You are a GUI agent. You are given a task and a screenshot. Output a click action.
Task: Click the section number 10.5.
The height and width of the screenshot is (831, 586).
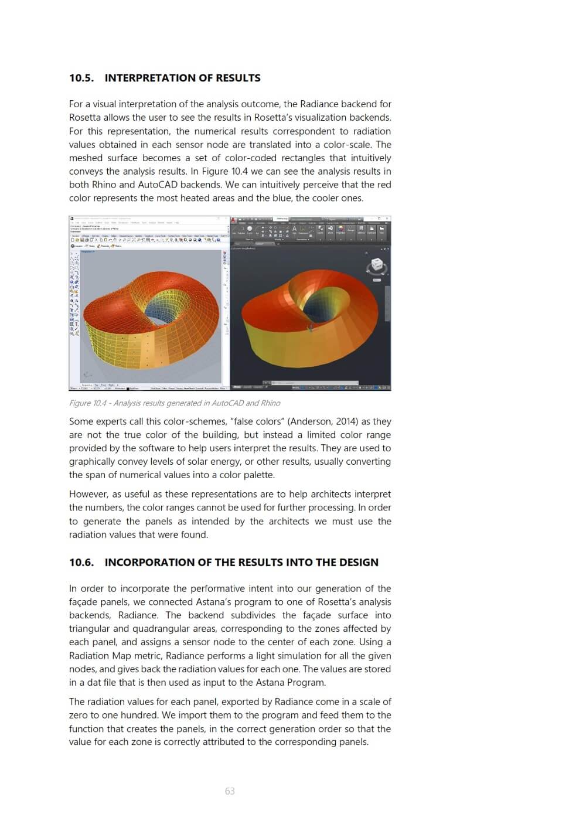pyautogui.click(x=81, y=78)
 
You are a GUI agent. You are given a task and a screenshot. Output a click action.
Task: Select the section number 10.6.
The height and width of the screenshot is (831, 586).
pyautogui.click(x=81, y=563)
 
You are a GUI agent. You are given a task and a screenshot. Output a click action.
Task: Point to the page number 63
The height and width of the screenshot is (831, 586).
pyautogui.click(x=230, y=791)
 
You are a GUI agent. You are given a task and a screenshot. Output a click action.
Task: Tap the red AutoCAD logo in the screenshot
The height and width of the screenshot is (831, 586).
pyautogui.click(x=234, y=220)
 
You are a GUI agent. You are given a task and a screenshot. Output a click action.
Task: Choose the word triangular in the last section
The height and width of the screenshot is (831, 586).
pyautogui.click(x=90, y=629)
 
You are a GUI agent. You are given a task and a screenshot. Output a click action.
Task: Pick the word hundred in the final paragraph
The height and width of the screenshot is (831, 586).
pyautogui.click(x=140, y=715)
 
